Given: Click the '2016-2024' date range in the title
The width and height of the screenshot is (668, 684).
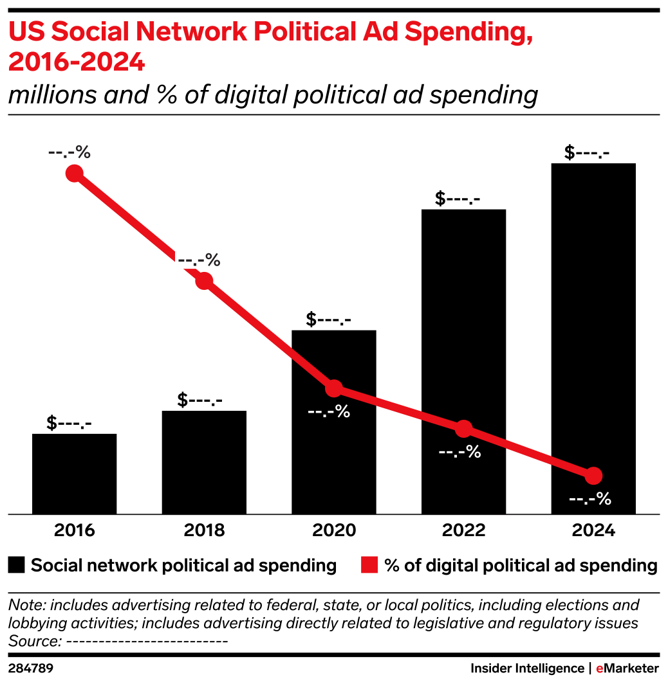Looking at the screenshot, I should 76,63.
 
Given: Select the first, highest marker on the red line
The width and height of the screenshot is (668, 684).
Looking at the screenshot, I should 75,173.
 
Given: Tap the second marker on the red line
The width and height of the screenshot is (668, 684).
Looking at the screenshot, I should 204,281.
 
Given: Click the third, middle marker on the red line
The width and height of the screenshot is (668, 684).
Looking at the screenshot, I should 333,388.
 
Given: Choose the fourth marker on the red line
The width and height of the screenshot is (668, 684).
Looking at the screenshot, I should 463,429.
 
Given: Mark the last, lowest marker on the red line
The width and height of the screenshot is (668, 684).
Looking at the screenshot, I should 593,476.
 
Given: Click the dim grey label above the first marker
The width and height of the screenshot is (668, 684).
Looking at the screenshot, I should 69,152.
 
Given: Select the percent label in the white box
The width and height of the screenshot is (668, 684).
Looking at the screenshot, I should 199,260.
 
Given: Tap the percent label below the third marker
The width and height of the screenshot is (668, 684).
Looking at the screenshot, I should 329,411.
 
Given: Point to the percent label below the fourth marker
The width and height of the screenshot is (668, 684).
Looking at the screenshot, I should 459,452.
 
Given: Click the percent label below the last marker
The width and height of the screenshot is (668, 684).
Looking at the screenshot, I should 589,499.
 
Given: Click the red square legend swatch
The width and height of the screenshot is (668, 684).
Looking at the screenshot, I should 369,564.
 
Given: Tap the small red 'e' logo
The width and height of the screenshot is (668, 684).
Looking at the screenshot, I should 599,669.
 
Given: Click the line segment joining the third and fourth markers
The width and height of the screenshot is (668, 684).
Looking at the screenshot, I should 398,408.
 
